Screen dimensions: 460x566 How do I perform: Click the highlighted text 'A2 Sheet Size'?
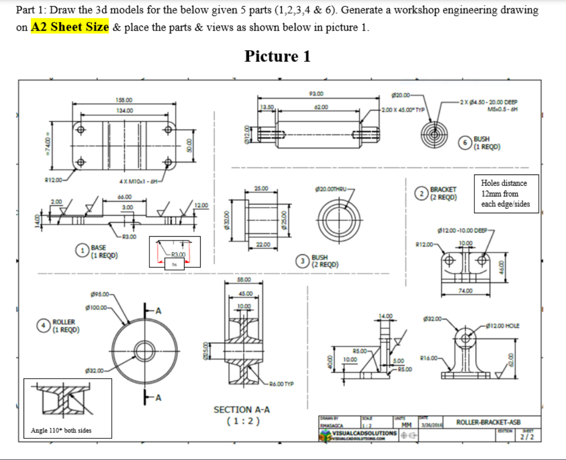[70, 27]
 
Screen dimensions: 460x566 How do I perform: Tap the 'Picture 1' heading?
[277, 56]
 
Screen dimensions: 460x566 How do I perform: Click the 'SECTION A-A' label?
[240, 410]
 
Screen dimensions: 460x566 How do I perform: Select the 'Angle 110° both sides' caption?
[61, 430]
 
